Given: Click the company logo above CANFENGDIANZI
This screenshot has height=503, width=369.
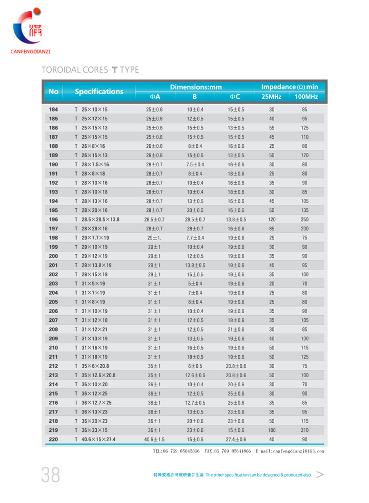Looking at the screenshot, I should coord(30,29).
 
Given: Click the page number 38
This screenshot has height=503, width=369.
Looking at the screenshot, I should coord(51,475).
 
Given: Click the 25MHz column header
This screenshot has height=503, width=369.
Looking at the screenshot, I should coord(271,97).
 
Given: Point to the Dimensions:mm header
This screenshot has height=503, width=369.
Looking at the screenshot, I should coord(195,87).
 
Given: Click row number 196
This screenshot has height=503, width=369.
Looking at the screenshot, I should coord(53,220).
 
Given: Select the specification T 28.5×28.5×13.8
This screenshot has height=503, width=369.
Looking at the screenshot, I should coord(97,220).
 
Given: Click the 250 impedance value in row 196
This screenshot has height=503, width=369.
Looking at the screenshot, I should coord(304,220).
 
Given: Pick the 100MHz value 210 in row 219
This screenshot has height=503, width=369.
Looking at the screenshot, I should coord(304,430).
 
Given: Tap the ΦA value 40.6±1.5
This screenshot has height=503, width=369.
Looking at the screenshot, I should coord(154,440).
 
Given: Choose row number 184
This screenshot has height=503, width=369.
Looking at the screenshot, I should coord(53,110).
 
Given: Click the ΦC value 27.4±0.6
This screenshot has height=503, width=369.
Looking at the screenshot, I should coord(236,440).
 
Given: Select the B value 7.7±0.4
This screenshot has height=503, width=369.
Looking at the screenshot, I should coord(195,238).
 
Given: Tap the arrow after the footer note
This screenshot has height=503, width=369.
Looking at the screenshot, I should coord(320,475).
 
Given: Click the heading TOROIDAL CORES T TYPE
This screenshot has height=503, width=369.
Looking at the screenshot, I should coord(90,70).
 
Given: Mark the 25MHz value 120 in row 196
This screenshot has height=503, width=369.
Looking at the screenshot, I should coord(272,220).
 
